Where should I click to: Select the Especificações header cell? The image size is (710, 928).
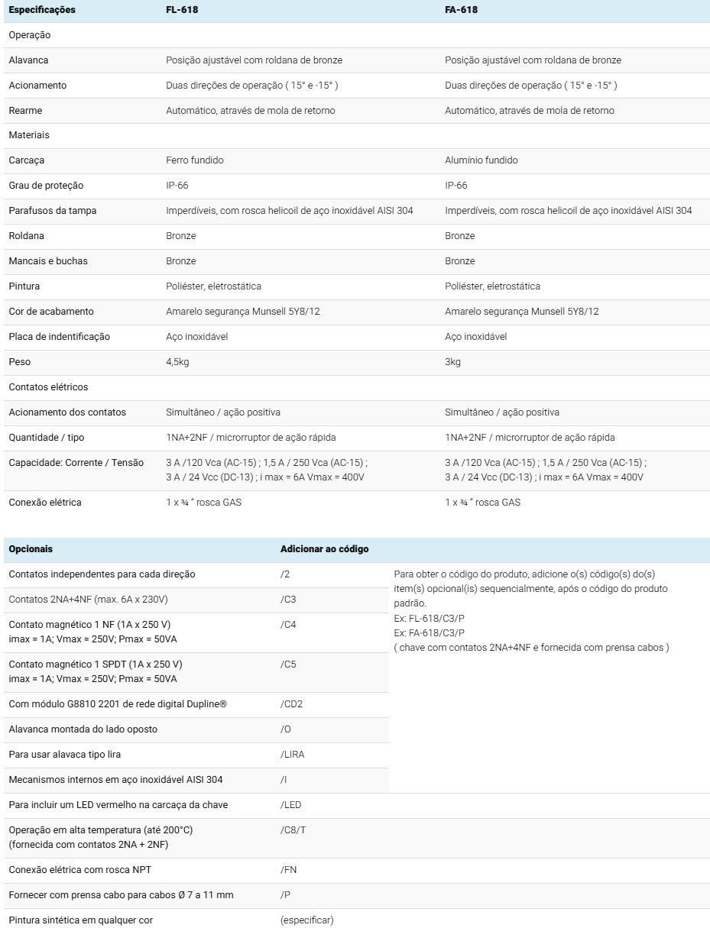click(42, 10)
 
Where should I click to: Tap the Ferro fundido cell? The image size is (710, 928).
click(195, 160)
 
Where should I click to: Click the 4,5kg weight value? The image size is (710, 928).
click(177, 362)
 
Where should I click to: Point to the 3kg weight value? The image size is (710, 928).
click(452, 362)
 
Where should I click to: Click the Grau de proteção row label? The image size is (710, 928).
click(46, 186)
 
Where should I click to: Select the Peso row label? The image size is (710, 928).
click(20, 362)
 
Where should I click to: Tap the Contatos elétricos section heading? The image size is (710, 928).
click(48, 387)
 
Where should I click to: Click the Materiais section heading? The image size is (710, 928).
click(29, 135)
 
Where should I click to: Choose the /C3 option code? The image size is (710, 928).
click(288, 600)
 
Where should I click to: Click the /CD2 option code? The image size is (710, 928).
click(291, 704)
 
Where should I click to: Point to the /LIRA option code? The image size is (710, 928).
click(293, 755)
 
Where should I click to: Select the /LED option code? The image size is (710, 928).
click(291, 805)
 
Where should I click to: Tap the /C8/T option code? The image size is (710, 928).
click(293, 830)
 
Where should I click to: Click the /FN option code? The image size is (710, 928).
click(289, 870)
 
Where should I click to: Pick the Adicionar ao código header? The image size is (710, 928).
click(324, 549)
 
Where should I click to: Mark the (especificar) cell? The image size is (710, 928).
click(306, 920)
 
